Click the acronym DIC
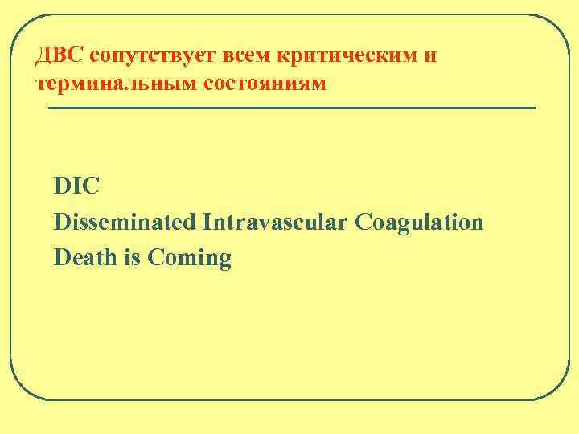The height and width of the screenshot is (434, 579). coord(77,186)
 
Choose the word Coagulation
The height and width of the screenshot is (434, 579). coord(418,223)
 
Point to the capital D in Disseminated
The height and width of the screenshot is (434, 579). coord(62,223)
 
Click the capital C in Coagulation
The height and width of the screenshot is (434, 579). coord(360,223)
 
